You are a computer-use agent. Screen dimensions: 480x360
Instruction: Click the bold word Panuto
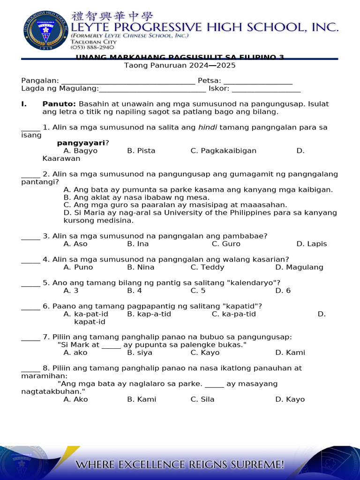point(59,104)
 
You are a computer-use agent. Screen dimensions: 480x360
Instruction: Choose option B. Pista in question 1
point(141,151)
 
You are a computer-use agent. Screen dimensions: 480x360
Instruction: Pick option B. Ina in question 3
point(138,244)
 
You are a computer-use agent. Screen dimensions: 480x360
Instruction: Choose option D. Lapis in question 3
point(312,244)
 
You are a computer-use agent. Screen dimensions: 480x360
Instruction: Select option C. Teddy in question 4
point(207,267)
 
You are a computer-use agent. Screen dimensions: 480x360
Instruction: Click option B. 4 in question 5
point(135,291)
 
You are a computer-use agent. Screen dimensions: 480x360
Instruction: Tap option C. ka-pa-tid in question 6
point(233,314)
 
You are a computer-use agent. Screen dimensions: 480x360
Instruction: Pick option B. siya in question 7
point(140,352)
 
